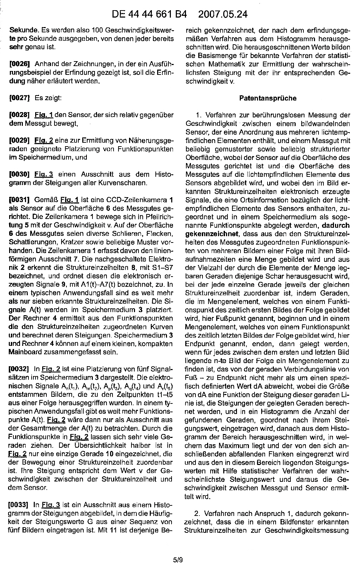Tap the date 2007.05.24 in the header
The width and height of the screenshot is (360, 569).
pos(223,14)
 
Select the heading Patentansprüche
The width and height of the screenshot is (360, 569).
pos(268,98)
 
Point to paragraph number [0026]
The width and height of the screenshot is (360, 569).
pos(20,64)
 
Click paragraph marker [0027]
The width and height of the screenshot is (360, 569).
pos(20,98)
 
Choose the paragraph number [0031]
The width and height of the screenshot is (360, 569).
pos(20,200)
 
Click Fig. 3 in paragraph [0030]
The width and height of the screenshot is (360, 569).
pos(44,175)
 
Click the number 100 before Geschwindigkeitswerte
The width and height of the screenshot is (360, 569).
pos(97,30)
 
